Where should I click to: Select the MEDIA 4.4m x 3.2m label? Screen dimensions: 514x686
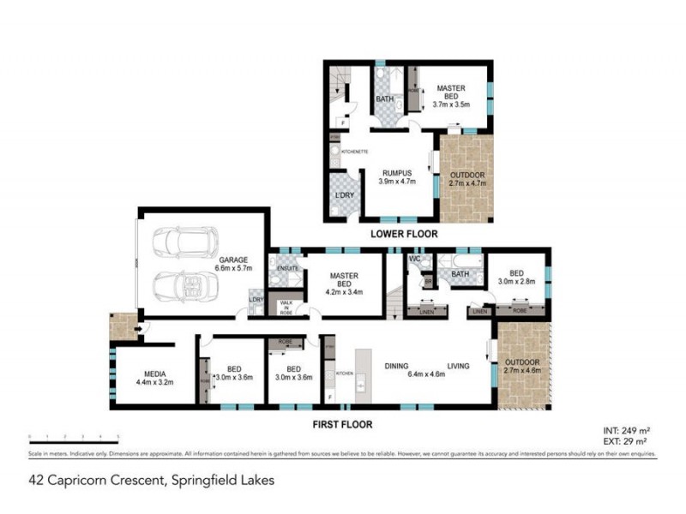(154, 379)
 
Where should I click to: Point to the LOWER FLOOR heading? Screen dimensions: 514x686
(404, 233)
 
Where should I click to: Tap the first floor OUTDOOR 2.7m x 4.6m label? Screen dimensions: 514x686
(522, 367)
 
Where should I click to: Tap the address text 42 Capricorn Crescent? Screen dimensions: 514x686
(151, 481)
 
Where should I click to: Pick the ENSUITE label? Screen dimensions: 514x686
(284, 267)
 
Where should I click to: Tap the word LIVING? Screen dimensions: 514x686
(459, 367)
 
